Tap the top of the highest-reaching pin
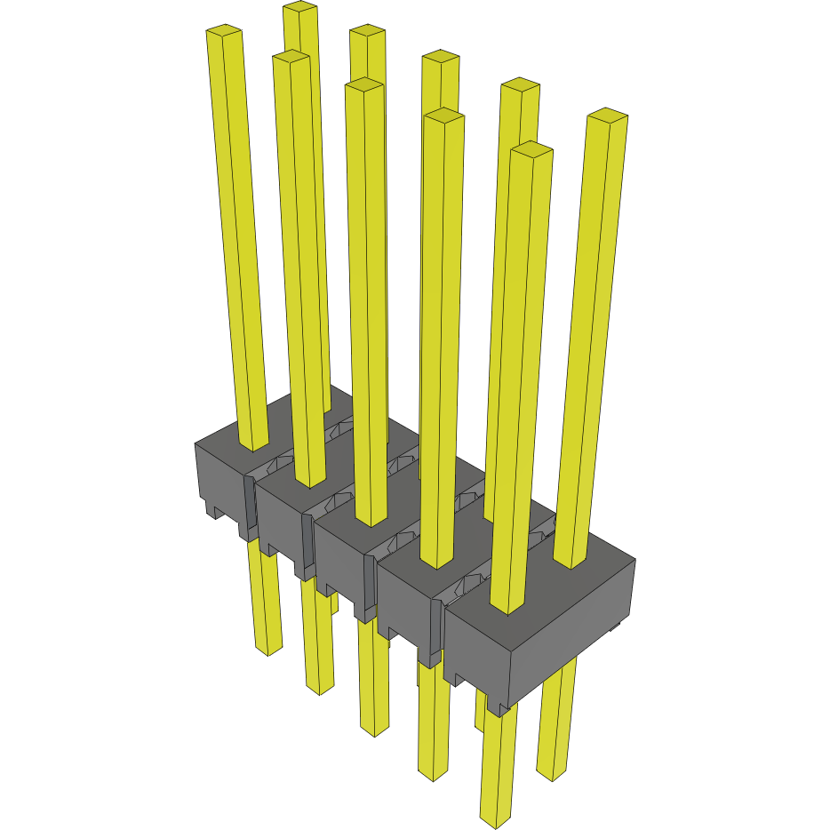coord(300,7)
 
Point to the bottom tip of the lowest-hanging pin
coord(497,819)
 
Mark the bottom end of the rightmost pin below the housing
coord(552,775)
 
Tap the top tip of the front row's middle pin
coord(364,85)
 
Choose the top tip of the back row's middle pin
coord(441,57)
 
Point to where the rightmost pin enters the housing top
coord(571,560)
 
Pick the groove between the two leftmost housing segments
coord(250,507)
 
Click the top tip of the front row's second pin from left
coord(291,56)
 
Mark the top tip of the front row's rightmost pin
coord(532,149)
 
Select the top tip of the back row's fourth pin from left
coord(521,85)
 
